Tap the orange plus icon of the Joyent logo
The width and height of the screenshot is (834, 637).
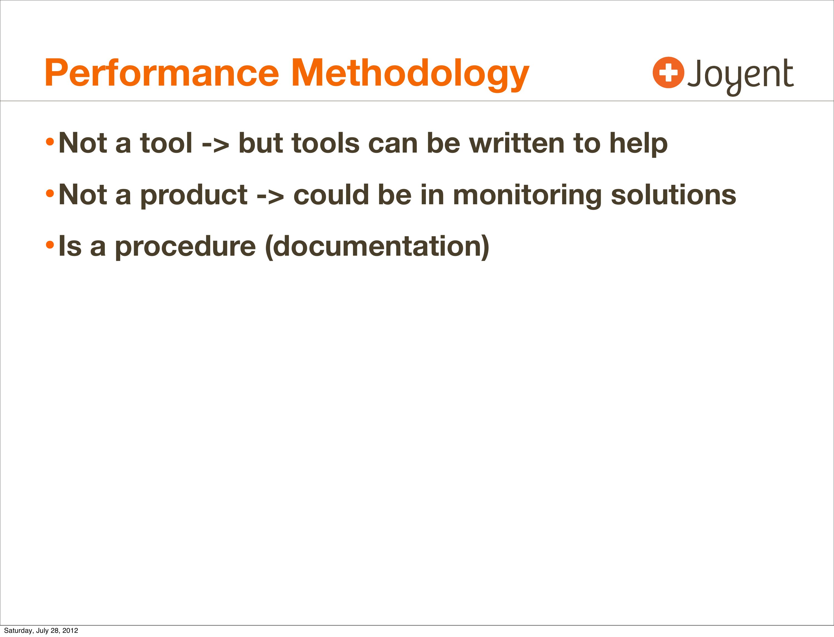(x=668, y=73)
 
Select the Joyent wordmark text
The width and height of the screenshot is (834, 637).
(x=740, y=77)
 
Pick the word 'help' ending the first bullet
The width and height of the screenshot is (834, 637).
(x=638, y=145)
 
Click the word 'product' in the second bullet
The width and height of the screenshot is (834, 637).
(x=194, y=196)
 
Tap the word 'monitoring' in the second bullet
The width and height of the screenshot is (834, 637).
(x=527, y=196)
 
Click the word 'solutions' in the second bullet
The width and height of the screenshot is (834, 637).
(x=674, y=195)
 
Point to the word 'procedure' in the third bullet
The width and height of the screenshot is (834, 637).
(x=185, y=248)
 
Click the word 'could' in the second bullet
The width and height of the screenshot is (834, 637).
(x=331, y=195)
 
